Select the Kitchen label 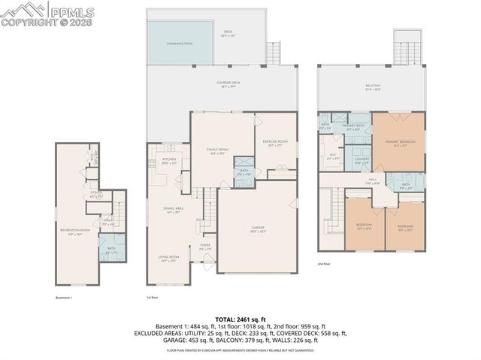pos(169,161)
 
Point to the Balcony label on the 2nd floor pos(372,86)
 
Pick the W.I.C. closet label pos(332,157)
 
